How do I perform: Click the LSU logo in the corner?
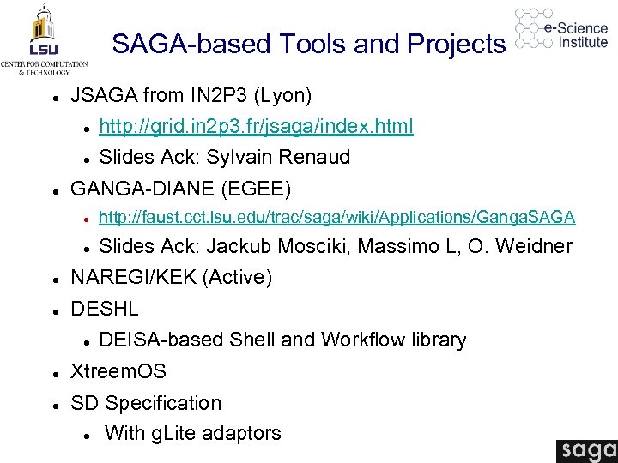click(43, 39)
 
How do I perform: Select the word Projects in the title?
click(457, 43)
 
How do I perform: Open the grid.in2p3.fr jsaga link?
click(256, 127)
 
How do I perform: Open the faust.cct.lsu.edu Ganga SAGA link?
click(337, 217)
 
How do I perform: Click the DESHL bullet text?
click(104, 309)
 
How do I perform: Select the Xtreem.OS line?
click(118, 372)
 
